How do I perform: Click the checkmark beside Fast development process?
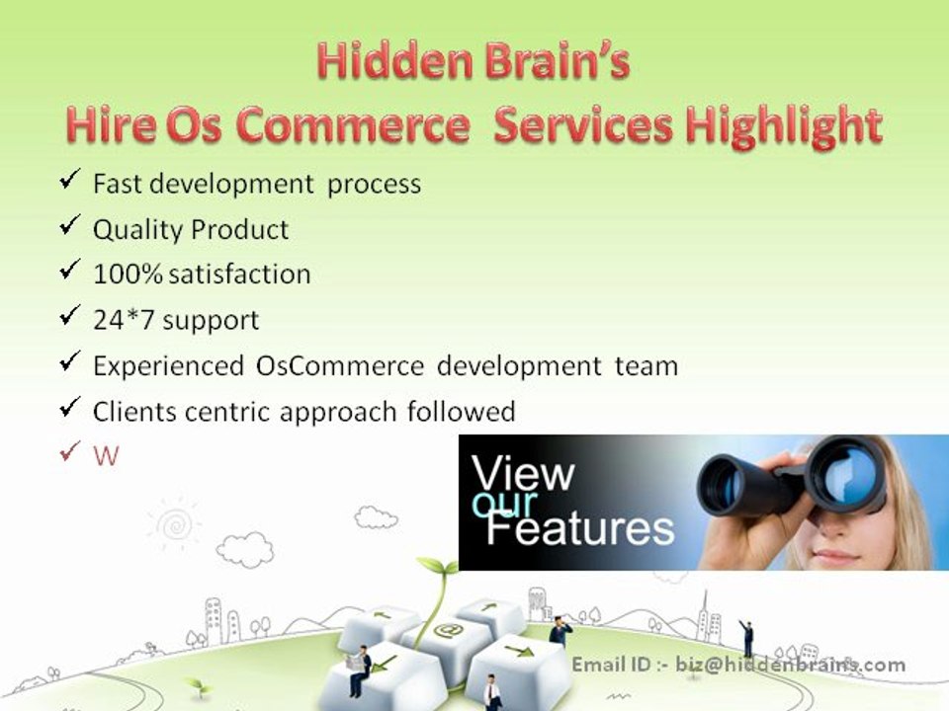coord(69,181)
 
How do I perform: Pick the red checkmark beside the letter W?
coord(69,453)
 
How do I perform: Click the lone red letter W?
coord(105,456)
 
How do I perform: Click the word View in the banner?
coord(523,473)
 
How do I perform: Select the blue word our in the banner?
coord(503,505)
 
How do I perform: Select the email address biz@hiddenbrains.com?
coord(790,665)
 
